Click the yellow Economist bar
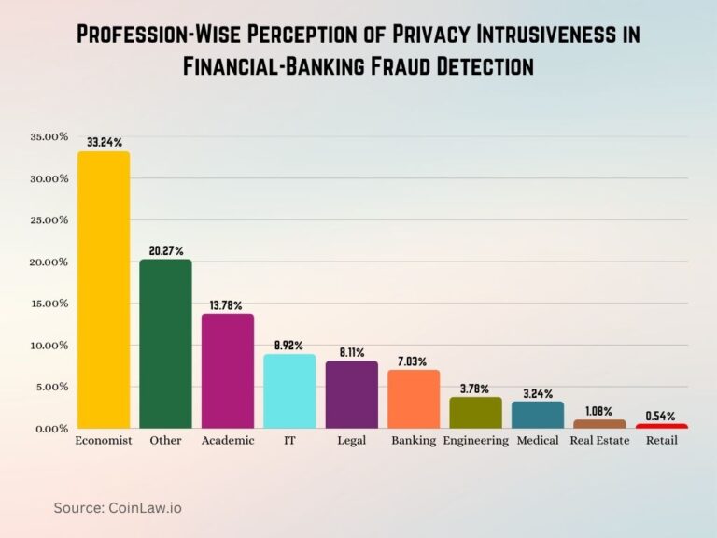coord(104,290)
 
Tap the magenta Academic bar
coord(228,371)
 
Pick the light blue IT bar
coord(289,391)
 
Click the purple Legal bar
coord(351,394)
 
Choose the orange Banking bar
coord(414,399)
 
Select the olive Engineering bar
coord(475,412)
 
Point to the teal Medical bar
coord(538,415)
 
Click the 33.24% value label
coord(104,142)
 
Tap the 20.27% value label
coord(165,250)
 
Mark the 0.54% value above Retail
coord(661,415)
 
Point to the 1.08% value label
coord(599,410)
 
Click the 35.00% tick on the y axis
coord(49,137)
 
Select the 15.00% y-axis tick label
coord(49,304)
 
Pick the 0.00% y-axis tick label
coord(51,429)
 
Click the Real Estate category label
coord(599,441)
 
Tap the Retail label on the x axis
coord(661,441)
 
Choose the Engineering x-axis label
coord(475,441)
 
